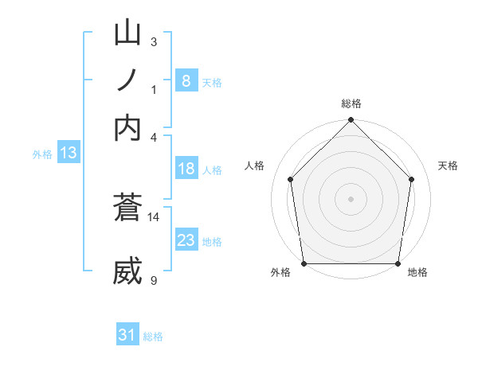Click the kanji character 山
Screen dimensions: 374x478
[128, 34]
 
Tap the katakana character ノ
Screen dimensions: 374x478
[128, 81]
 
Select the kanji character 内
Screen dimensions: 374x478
[128, 127]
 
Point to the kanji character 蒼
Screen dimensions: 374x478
[128, 208]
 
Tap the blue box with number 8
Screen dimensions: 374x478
[186, 80]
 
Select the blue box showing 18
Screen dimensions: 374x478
[186, 169]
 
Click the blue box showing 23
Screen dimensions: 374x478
[186, 240]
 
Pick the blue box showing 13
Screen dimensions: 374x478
[68, 154]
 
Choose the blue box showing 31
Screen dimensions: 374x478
[127, 335]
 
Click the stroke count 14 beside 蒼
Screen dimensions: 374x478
[154, 216]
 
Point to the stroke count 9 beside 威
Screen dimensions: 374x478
[154, 280]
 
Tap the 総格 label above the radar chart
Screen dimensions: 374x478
[351, 103]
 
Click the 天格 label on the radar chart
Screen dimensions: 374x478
[448, 166]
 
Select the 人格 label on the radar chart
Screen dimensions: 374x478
[254, 166]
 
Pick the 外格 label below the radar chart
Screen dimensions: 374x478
[280, 272]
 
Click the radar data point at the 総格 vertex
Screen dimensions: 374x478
[351, 122]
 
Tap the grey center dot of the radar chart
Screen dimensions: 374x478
[351, 199]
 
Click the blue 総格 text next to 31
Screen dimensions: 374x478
[153, 337]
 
